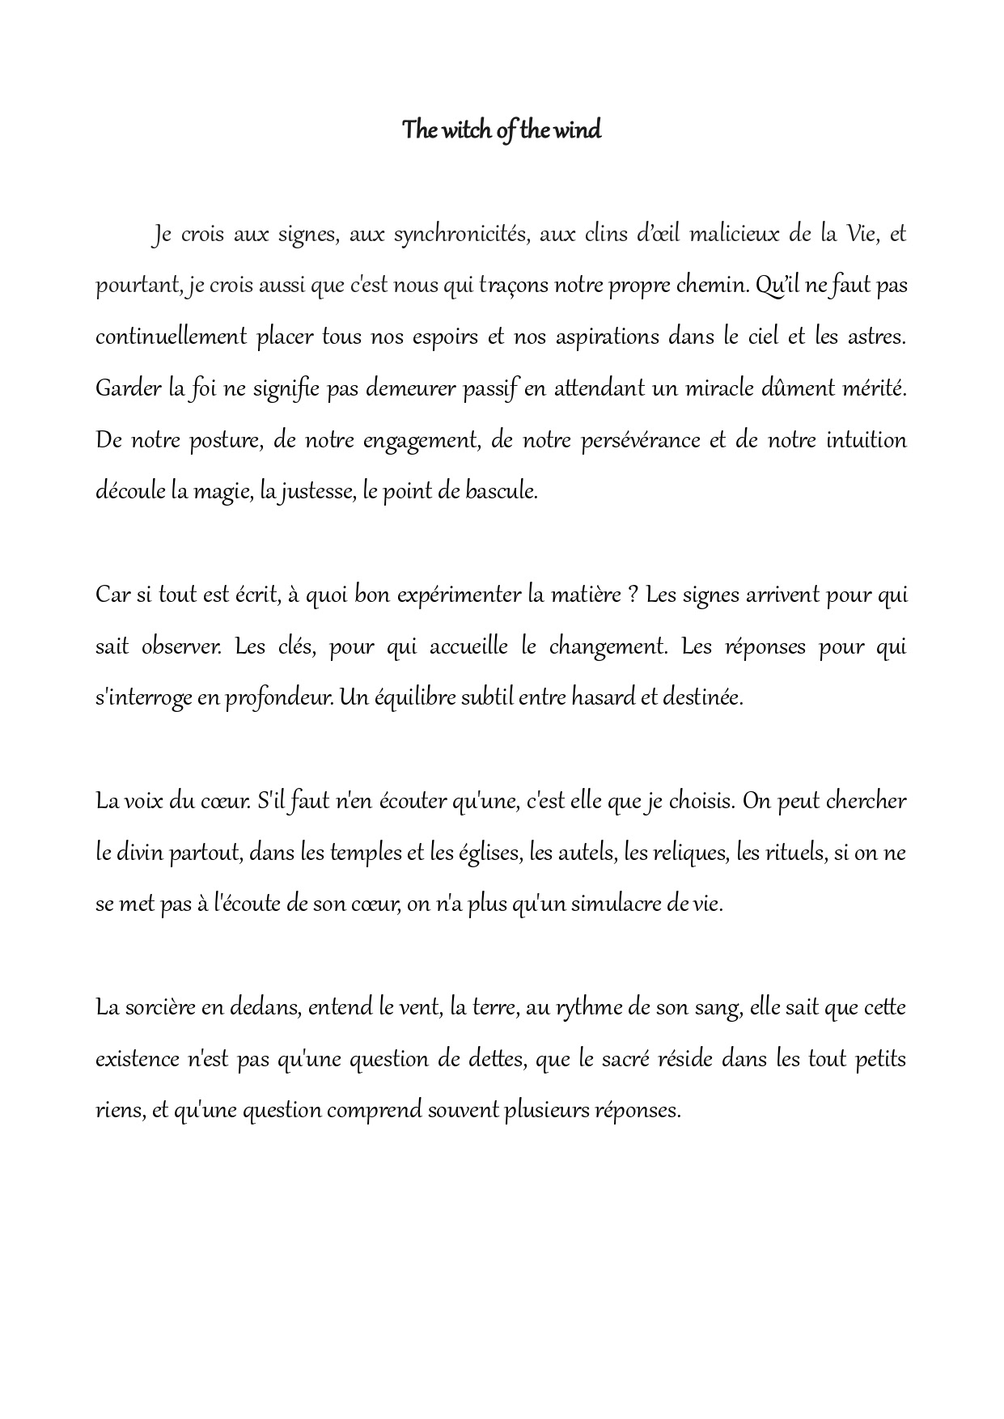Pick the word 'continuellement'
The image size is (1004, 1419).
[x=171, y=337]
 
